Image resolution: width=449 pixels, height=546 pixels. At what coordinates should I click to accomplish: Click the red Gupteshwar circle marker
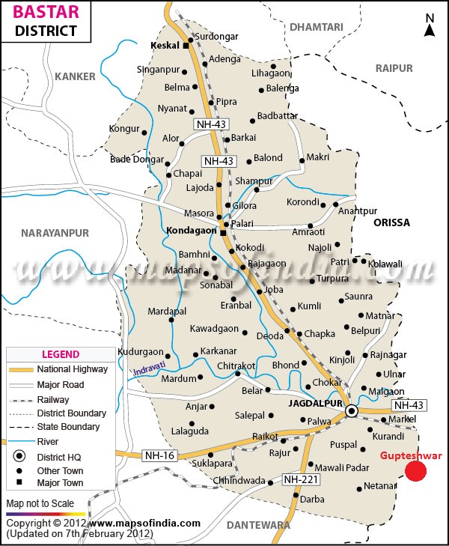pos(416,470)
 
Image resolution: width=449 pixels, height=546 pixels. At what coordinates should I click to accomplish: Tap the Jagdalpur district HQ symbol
pos(352,411)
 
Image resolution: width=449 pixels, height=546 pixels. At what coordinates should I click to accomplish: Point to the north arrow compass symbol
pos(430,25)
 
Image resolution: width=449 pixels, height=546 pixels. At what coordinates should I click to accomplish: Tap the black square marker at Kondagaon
pos(222,232)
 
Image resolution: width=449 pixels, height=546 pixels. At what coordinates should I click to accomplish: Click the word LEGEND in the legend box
pos(61,354)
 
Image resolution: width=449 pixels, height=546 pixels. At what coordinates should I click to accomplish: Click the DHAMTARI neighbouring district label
pos(316,27)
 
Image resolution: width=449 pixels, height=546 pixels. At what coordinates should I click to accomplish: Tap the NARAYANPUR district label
pos(55,233)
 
